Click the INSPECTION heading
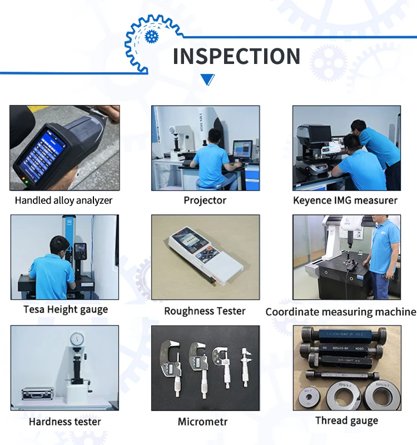[x=236, y=56]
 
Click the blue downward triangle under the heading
[x=207, y=80]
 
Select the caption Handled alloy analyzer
[x=63, y=200]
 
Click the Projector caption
[x=205, y=200]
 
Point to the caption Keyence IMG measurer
[x=345, y=200]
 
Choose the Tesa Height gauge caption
[x=66, y=309]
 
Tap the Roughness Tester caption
[x=205, y=311]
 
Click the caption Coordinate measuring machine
[x=340, y=311]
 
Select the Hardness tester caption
[x=65, y=422]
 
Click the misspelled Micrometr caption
[x=203, y=422]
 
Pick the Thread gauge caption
[x=346, y=421]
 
